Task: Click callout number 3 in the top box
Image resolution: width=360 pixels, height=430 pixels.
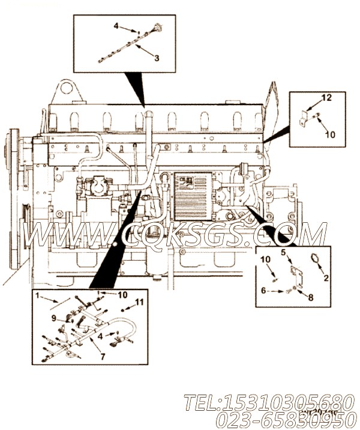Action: click(157, 58)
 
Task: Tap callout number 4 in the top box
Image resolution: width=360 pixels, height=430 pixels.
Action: click(117, 26)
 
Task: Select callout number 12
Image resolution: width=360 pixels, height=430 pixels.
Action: click(326, 97)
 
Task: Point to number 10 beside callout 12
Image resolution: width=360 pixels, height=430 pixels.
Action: click(330, 135)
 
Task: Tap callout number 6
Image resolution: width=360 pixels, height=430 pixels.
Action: click(263, 290)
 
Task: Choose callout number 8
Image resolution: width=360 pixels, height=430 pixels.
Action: click(310, 297)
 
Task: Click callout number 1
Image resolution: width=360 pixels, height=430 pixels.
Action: click(37, 295)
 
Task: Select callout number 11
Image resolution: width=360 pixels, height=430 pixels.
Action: click(139, 302)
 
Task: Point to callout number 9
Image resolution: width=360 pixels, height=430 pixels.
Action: click(53, 318)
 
